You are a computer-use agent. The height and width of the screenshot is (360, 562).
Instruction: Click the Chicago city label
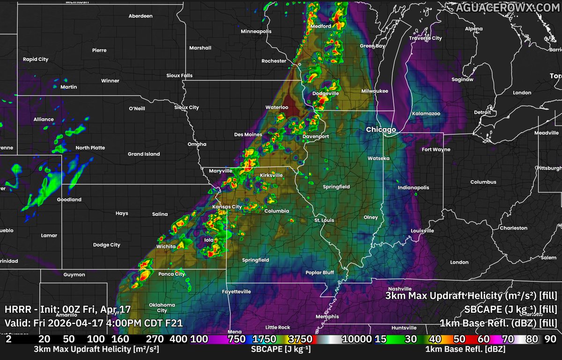coord(381,129)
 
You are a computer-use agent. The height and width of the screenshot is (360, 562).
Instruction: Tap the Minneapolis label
coord(256,31)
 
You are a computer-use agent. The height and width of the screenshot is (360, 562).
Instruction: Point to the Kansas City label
coord(227,206)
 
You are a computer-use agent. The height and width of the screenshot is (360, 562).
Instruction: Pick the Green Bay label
coord(372,46)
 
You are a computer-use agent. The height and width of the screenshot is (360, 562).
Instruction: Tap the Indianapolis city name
coord(413,187)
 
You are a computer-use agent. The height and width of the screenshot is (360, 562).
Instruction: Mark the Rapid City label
coord(36,59)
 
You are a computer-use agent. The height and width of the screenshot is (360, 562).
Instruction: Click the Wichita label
coord(166,246)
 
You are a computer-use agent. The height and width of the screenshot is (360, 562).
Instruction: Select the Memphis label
coord(327,316)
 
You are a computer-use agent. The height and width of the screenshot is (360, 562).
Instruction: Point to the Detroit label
coord(482,112)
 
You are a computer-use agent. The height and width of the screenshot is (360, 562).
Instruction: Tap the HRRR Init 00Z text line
coord(67,309)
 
